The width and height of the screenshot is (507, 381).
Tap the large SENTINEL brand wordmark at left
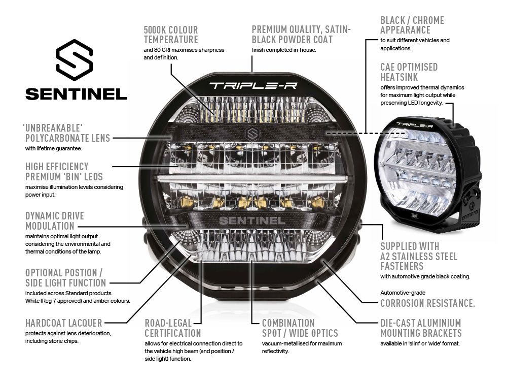[x=76, y=94]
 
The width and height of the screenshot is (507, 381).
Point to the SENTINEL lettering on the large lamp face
[x=251, y=220]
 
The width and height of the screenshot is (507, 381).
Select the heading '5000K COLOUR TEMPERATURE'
[x=171, y=35]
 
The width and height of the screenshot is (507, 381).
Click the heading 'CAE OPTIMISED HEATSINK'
[x=409, y=72]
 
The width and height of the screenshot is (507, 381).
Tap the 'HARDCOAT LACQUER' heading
[x=64, y=323]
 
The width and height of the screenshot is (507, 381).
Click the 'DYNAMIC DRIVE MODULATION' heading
[x=55, y=220]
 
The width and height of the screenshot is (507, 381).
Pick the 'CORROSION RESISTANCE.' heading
[x=427, y=303]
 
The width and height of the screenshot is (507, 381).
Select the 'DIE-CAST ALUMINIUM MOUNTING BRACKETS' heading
[x=421, y=328]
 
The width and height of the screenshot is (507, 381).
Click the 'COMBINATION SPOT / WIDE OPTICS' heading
[x=300, y=328]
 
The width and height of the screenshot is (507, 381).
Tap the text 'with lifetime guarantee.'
[x=53, y=149]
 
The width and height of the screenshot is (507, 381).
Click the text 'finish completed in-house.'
[x=283, y=50]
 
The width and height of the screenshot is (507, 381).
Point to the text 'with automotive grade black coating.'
[x=425, y=276]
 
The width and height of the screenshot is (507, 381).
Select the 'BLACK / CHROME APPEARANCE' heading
[x=412, y=25]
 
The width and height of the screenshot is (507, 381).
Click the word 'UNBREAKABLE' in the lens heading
[x=53, y=126]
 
